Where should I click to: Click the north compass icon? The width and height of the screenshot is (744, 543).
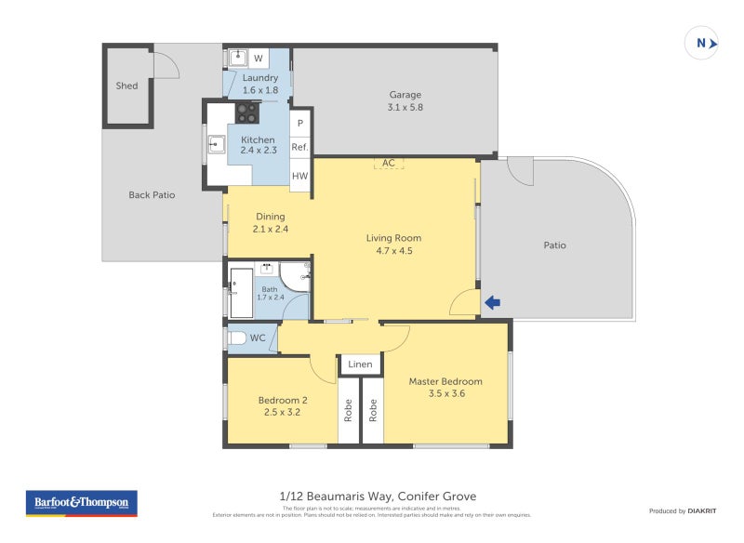pos(702,43)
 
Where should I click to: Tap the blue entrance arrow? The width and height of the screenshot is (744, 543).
pos(492,301)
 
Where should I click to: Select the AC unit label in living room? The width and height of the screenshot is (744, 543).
pos(389,163)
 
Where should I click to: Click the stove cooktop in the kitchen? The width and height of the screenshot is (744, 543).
pos(247,113)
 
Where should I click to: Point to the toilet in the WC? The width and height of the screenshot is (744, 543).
pos(236,338)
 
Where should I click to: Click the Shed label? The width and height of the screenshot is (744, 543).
pos(126,86)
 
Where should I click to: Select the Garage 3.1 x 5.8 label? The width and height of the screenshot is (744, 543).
pos(405,100)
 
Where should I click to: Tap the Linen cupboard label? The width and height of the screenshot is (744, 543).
pos(360,365)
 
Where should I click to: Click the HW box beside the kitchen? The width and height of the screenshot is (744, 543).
pos(299,176)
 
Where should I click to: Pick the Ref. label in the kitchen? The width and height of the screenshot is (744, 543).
pos(299,147)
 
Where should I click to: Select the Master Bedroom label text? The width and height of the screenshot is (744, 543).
pos(445,381)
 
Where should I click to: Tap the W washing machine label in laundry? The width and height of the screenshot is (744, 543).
pos(258,58)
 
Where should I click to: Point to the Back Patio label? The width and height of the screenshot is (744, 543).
pos(152,195)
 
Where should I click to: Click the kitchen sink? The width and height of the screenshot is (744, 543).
pos(217,144)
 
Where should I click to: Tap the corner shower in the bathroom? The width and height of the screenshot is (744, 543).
pos(296,275)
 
